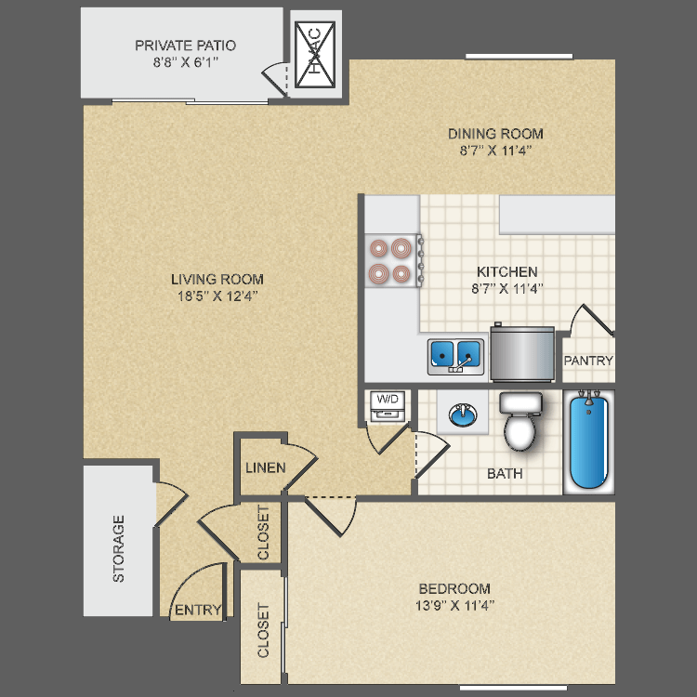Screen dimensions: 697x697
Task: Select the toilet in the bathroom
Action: pos(519,423)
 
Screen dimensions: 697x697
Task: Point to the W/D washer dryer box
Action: pos(388,402)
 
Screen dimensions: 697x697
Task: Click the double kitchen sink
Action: pos(455,354)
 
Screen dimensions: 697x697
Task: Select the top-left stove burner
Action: pos(379,248)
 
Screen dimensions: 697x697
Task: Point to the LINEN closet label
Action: pos(265,467)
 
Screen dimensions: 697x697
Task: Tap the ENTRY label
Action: pos(198,611)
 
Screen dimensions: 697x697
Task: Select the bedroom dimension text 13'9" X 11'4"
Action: pos(454,606)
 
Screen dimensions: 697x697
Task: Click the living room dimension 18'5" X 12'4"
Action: pos(217,296)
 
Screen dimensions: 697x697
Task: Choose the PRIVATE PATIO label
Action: pos(185,45)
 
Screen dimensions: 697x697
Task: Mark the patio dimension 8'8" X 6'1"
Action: pos(185,62)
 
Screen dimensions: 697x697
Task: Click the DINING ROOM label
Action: pos(495,133)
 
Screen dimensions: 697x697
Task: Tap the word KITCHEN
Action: pos(506,271)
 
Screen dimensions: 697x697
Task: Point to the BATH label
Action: pos(505,473)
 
